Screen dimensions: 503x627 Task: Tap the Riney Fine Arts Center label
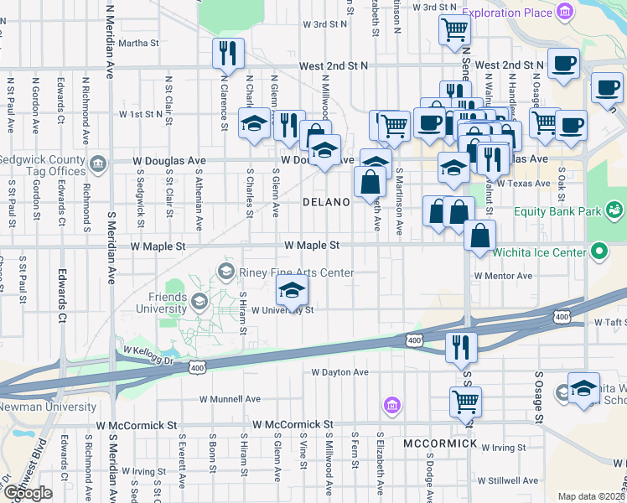point(295,272)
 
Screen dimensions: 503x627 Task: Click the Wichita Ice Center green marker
point(598,251)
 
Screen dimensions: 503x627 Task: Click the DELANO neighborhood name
point(325,202)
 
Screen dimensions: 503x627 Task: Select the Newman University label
point(48,407)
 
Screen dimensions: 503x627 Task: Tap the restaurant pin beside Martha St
point(228,53)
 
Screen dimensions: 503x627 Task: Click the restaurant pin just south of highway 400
point(460,344)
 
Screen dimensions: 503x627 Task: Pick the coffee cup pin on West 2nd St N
point(563,63)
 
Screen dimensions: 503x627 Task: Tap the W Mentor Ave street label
point(503,275)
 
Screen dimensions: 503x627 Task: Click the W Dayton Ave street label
point(339,371)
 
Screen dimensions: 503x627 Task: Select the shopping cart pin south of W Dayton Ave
point(465,400)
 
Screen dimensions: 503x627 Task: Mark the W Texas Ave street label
point(523,182)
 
